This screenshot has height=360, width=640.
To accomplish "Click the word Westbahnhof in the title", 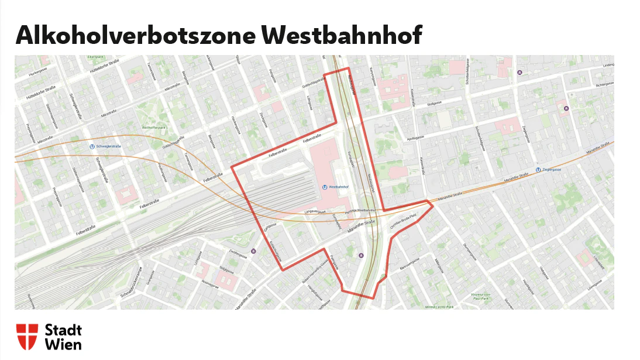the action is [342, 36].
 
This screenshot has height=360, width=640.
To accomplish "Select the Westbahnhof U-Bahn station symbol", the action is [325, 187].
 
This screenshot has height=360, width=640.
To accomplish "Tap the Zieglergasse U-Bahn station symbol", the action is [538, 170].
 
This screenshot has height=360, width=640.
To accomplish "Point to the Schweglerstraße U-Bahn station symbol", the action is [92, 146].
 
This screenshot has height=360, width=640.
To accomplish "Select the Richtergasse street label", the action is [604, 85].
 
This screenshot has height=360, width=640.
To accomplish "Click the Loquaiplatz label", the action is [597, 261].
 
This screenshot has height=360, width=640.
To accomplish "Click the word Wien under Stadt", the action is [63, 344].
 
